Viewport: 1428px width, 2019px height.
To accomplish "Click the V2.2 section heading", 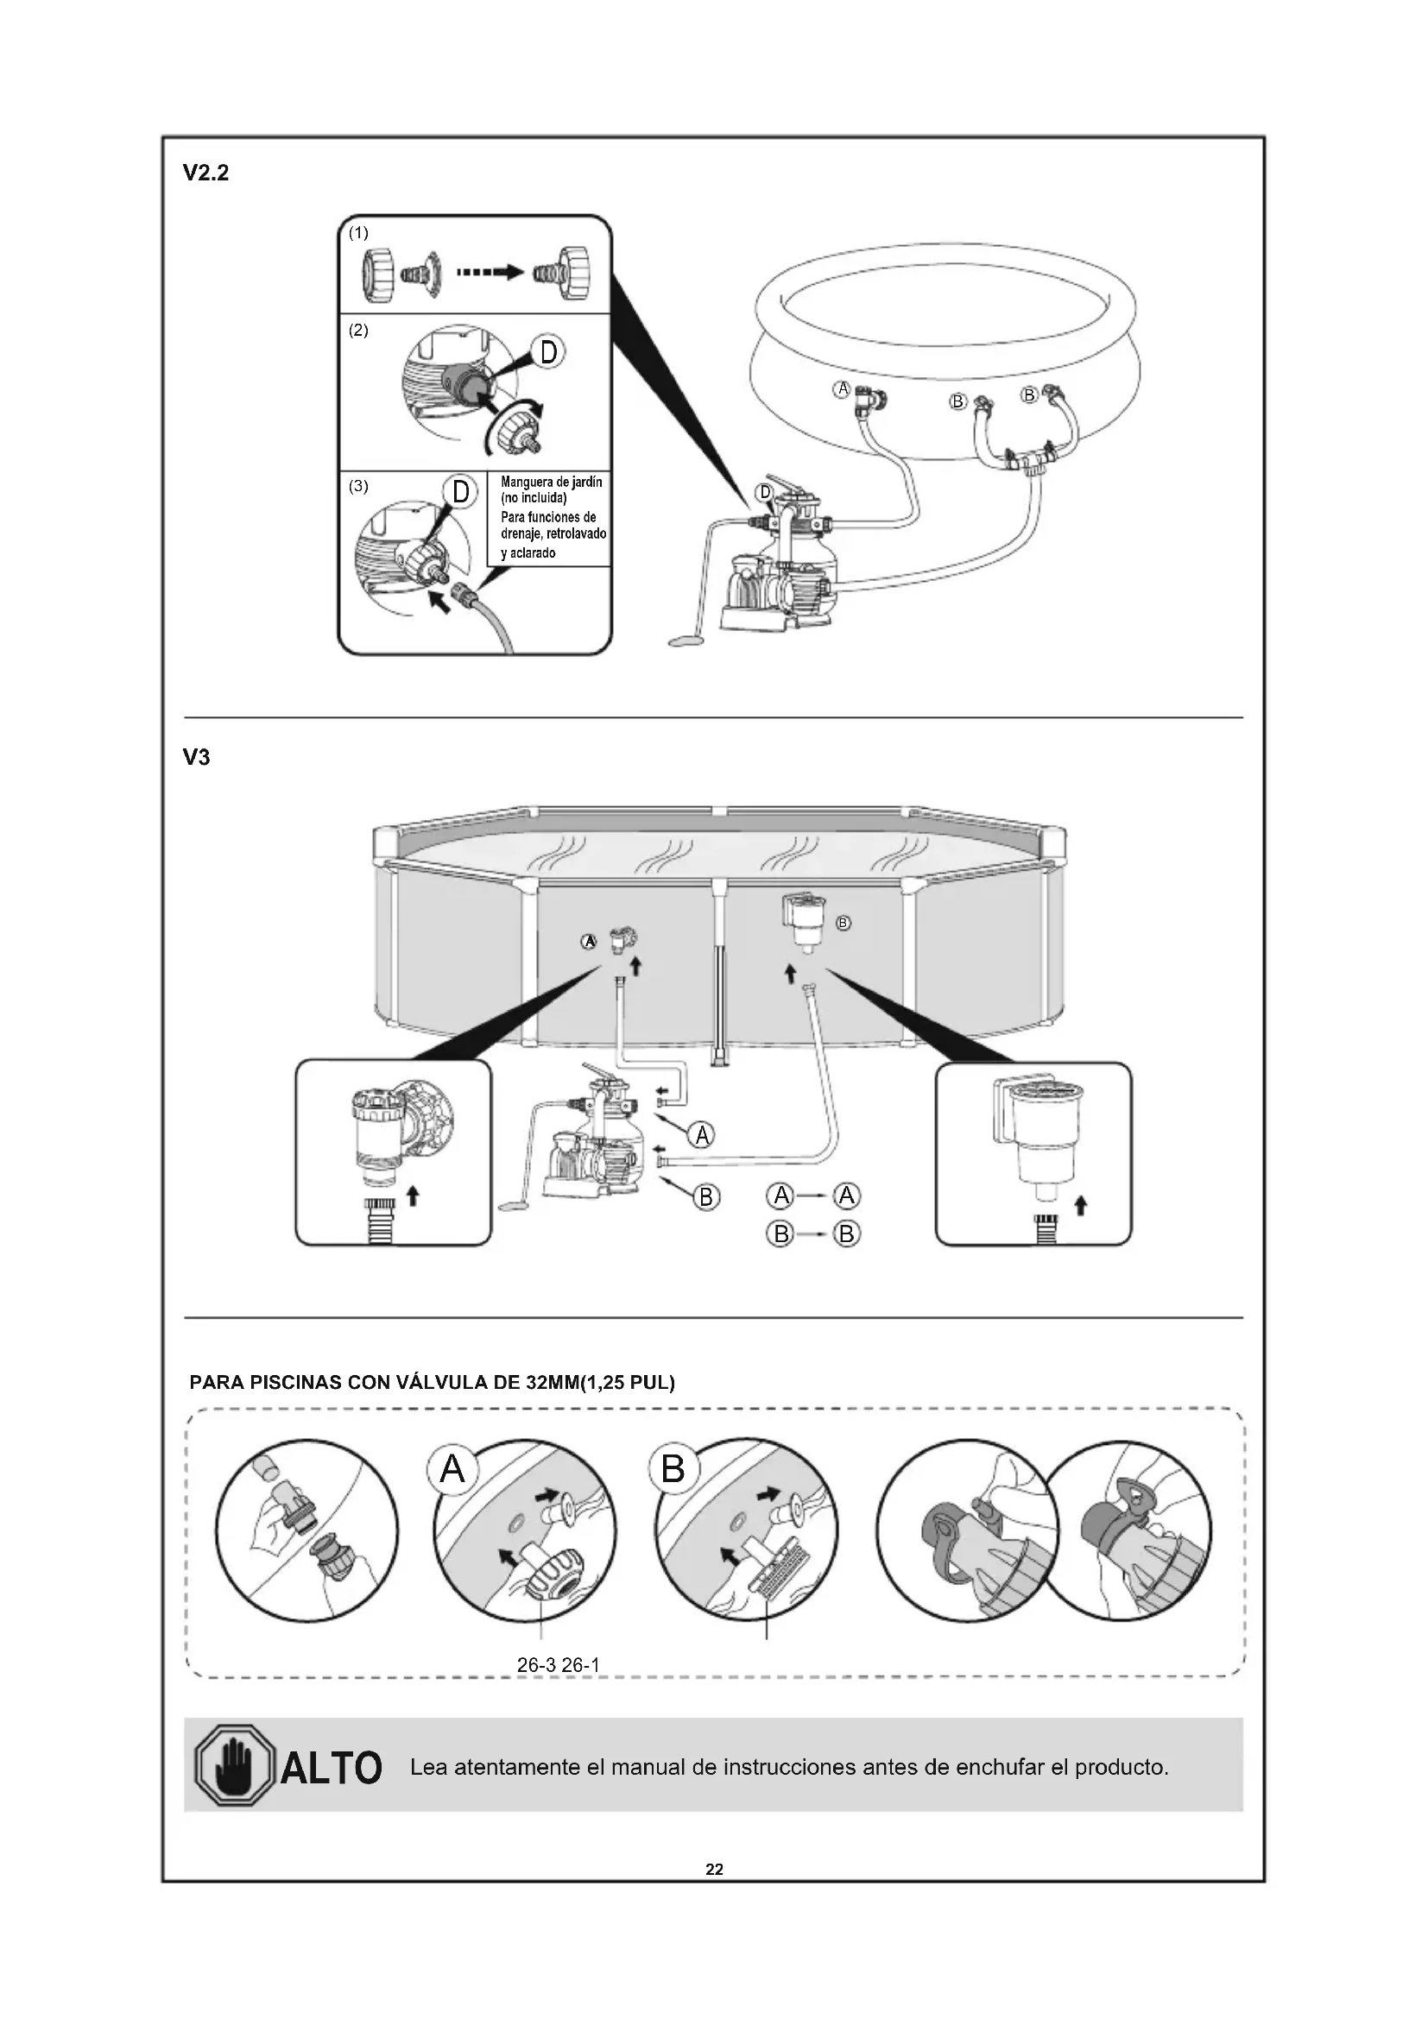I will (205, 174).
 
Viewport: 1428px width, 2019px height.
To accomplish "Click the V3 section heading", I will (196, 757).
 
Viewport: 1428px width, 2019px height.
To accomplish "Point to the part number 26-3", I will (535, 1665).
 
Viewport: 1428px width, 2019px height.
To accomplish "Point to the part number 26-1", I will (580, 1665).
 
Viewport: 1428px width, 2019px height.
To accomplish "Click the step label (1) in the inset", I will (358, 233).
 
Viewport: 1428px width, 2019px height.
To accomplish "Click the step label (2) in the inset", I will (358, 331).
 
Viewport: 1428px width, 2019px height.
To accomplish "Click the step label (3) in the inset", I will (358, 486).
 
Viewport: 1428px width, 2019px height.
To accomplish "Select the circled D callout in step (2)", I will (548, 353).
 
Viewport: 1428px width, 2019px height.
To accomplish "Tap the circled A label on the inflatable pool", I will (843, 388).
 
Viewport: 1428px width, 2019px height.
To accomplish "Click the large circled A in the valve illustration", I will (452, 1468).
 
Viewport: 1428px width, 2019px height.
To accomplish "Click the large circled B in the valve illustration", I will (673, 1468).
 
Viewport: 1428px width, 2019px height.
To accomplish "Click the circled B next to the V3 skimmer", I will (844, 924).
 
